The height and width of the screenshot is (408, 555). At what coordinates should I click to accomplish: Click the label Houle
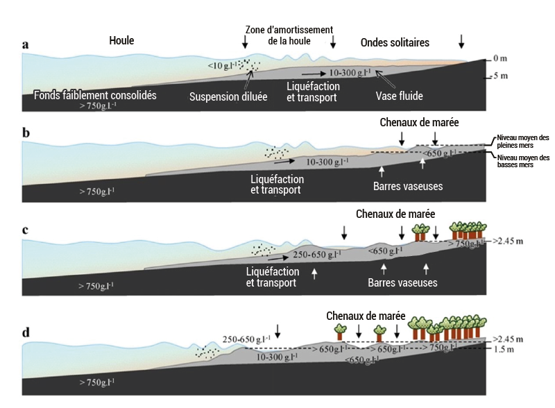click(121, 41)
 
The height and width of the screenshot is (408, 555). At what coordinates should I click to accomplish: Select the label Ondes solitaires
click(395, 42)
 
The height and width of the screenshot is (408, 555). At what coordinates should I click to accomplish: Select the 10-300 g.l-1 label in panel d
click(278, 357)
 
